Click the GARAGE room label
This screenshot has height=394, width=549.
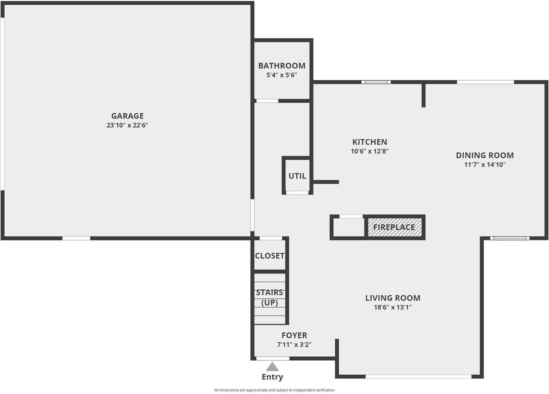[x=127, y=116]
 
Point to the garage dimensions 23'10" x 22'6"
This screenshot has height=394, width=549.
[x=127, y=125]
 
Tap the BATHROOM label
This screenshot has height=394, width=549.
[x=282, y=66]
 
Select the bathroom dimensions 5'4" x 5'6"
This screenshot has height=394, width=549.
[x=282, y=75]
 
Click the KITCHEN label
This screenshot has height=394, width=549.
[x=370, y=142]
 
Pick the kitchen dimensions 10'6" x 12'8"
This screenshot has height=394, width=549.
[x=370, y=151]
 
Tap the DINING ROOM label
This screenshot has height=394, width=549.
[x=485, y=155]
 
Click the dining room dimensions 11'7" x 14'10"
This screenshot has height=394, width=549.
[x=485, y=164]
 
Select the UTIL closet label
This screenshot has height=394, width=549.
[x=297, y=176]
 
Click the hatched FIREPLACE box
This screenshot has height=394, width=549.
[x=395, y=227]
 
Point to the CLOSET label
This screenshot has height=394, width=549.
[x=270, y=256]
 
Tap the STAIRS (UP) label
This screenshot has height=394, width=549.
[x=270, y=298]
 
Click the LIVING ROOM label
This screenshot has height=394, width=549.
[x=393, y=298]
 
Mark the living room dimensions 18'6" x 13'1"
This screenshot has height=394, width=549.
[x=393, y=307]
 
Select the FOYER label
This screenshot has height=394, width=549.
[x=294, y=335]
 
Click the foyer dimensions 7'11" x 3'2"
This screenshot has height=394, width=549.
[x=294, y=345]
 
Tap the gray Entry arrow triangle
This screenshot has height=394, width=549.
[x=272, y=367]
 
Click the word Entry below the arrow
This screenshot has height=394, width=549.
[x=272, y=377]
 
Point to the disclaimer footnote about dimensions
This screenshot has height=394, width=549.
[x=274, y=390]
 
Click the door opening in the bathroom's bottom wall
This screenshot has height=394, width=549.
[x=267, y=101]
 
